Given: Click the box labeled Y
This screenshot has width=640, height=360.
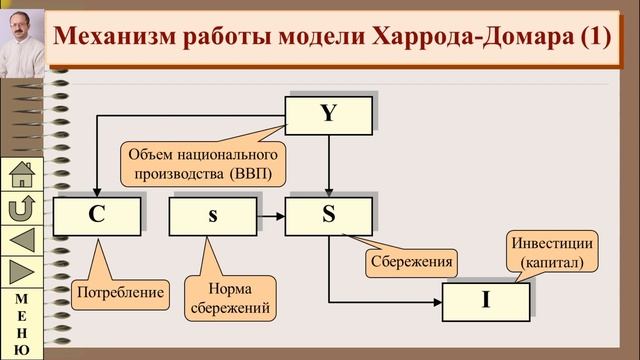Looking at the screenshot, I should pyautogui.click(x=329, y=114).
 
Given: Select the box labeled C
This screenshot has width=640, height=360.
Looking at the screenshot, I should pyautogui.click(x=96, y=215).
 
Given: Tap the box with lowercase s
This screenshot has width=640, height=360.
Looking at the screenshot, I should pyautogui.click(x=211, y=215).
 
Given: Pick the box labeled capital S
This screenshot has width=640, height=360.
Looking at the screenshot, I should pyautogui.click(x=328, y=215).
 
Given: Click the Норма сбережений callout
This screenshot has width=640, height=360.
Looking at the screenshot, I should pyautogui.click(x=229, y=298).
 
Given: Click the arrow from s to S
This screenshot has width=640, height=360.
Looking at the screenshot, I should pyautogui.click(x=268, y=215).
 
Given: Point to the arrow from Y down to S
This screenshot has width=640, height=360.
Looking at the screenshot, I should pyautogui.click(x=329, y=165).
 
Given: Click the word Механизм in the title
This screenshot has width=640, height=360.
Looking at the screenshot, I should pyautogui.click(x=110, y=37).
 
